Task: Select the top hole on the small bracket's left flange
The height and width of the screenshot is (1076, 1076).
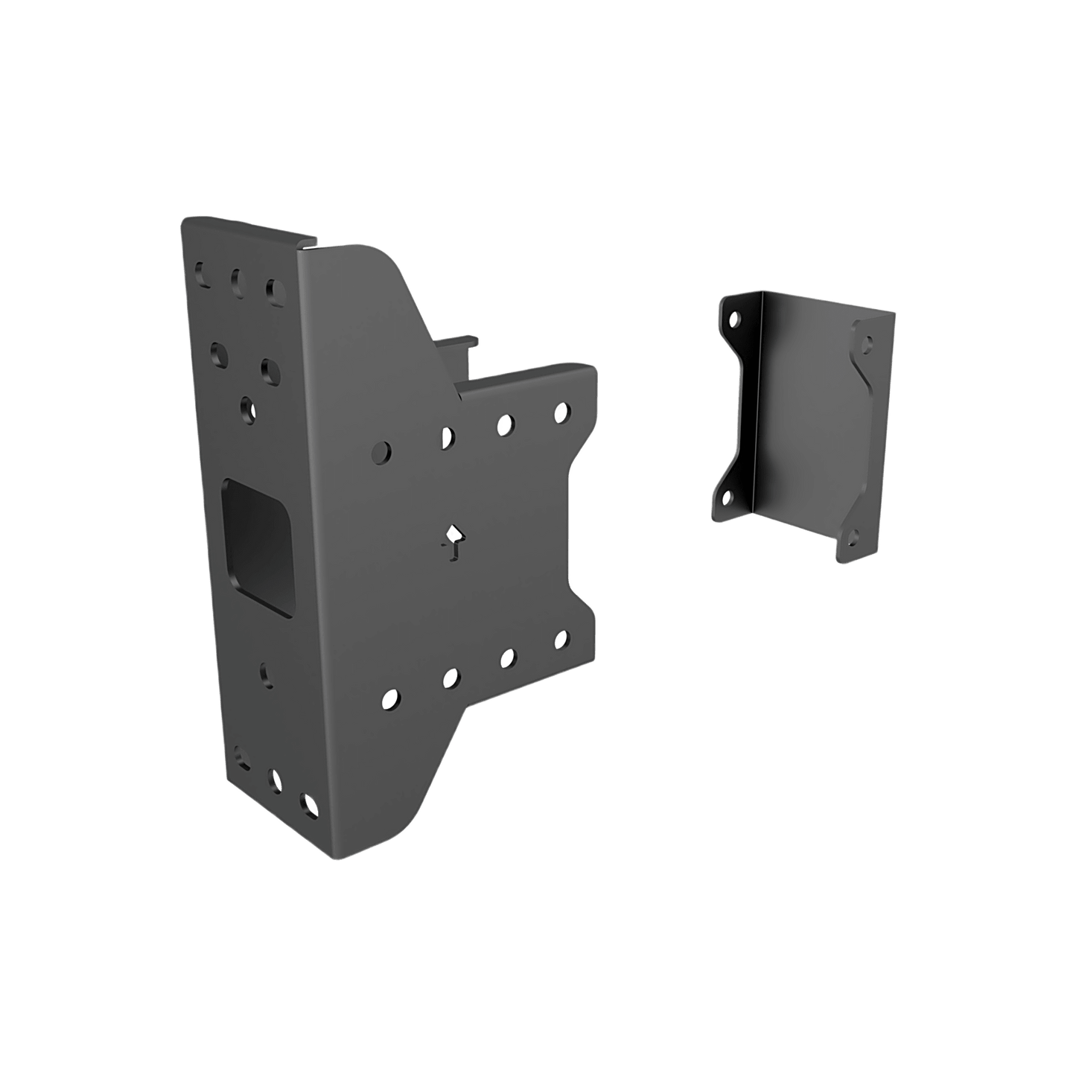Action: pyautogui.click(x=736, y=320)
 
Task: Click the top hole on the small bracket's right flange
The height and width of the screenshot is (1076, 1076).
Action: pyautogui.click(x=868, y=344)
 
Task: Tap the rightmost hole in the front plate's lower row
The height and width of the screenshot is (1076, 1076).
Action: pyautogui.click(x=561, y=640)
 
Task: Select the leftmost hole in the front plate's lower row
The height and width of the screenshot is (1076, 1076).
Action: pyautogui.click(x=389, y=698)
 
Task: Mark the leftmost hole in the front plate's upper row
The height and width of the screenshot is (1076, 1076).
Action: pyautogui.click(x=381, y=451)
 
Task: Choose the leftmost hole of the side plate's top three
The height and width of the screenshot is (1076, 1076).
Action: pyautogui.click(x=200, y=273)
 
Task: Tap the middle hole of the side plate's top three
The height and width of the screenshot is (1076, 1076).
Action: pyautogui.click(x=237, y=280)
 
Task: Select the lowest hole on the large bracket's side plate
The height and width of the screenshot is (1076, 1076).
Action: pyautogui.click(x=307, y=804)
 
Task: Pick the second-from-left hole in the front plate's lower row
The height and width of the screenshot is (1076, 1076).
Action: pyautogui.click(x=450, y=678)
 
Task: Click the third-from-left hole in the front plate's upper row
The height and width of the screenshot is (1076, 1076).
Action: pyautogui.click(x=505, y=424)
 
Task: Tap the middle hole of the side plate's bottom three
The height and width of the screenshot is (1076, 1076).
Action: pyautogui.click(x=276, y=781)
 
